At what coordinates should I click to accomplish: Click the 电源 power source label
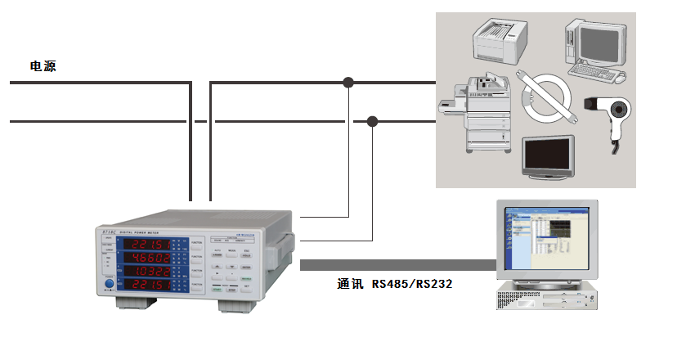pos(43,65)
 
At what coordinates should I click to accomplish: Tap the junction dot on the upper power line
pos(349,82)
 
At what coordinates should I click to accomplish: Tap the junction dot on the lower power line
pos(372,122)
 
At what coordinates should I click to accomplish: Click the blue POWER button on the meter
pos(109,286)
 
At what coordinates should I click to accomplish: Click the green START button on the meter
pos(217,289)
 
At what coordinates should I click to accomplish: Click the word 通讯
pos(349,284)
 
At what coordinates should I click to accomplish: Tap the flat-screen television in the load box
pos(548,158)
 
